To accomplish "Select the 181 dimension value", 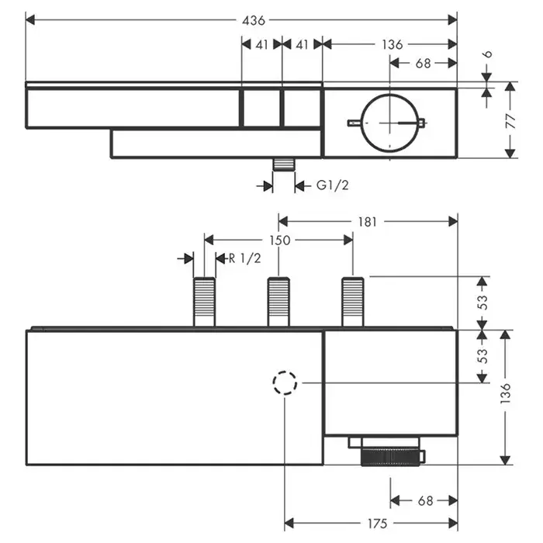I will click(368, 221).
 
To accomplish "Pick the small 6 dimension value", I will click(486, 56).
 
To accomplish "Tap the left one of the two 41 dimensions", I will click(261, 45).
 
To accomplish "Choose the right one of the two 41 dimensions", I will click(303, 45).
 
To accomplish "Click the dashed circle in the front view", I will click(285, 382).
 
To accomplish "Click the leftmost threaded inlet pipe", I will click(205, 302).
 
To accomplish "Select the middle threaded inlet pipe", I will click(278, 302).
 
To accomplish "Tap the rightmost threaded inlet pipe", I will click(352, 302).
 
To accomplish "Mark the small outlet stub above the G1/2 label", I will click(285, 165).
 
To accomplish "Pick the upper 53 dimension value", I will click(482, 302).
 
